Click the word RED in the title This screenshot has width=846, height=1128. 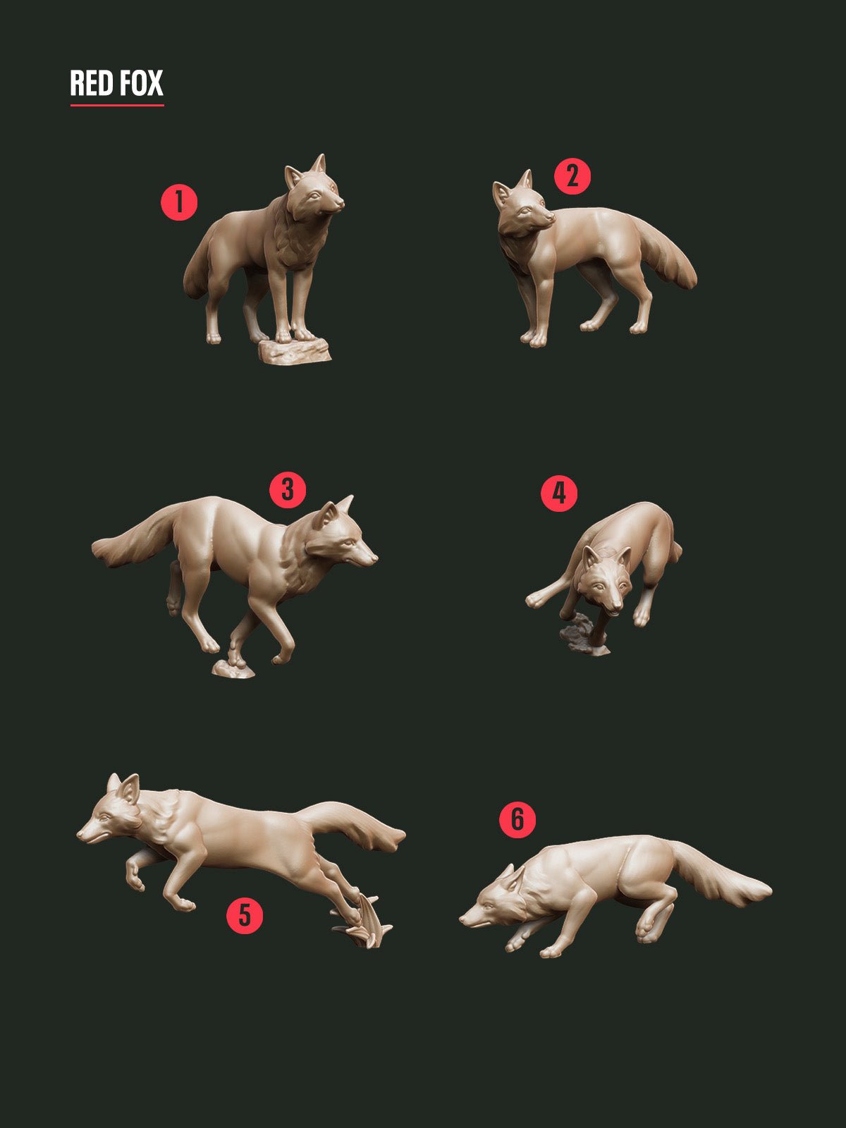pyautogui.click(x=92, y=83)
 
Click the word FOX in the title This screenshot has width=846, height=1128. pyautogui.click(x=140, y=83)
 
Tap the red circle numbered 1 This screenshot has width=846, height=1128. pyautogui.click(x=179, y=202)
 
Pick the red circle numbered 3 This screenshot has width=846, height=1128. pyautogui.click(x=288, y=489)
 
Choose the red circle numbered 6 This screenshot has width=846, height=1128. pyautogui.click(x=517, y=819)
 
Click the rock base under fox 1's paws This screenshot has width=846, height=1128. pyautogui.click(x=294, y=350)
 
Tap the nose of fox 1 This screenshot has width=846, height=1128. pyautogui.click(x=340, y=203)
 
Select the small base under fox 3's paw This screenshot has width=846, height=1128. pyautogui.click(x=233, y=670)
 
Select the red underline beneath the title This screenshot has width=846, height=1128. pyautogui.click(x=117, y=106)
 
